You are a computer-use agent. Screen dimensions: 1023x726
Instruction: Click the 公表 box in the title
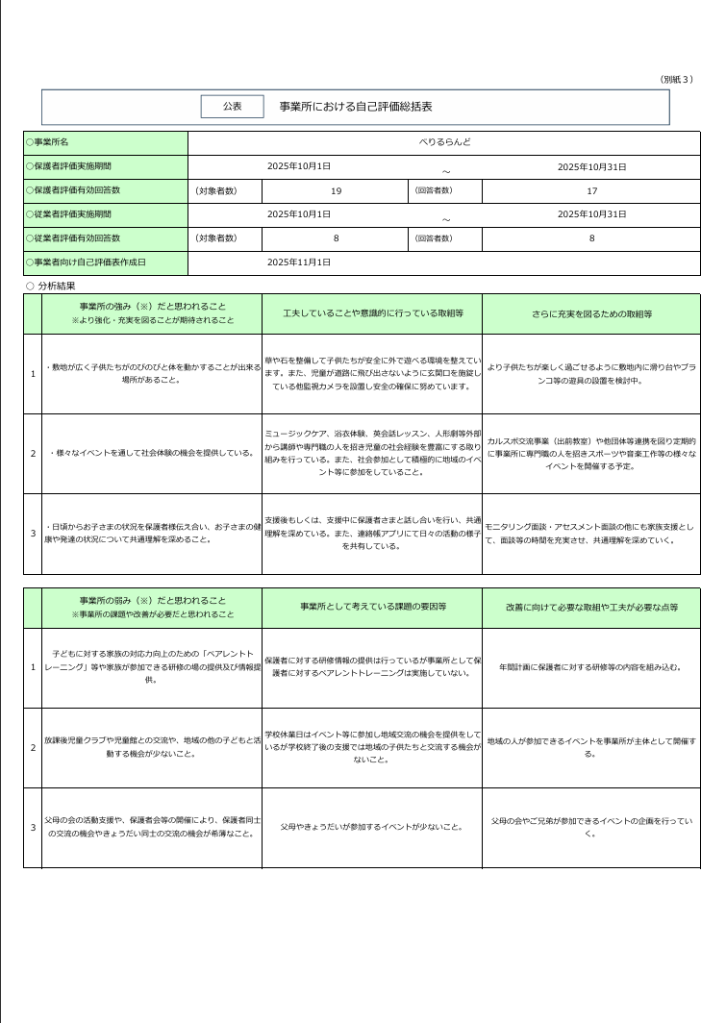coord(232,107)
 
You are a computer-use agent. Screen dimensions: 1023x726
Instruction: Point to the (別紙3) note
coord(676,79)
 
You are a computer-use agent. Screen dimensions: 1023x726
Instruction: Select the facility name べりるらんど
coord(444,142)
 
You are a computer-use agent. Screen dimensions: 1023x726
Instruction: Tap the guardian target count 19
coord(336,190)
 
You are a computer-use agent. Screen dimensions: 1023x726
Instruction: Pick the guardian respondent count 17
coord(591,190)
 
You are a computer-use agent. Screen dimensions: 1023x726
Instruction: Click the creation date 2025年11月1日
coord(299,262)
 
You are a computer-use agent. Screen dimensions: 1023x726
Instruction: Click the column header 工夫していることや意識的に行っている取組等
coord(371,313)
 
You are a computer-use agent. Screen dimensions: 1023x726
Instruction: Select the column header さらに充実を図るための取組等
coord(591,313)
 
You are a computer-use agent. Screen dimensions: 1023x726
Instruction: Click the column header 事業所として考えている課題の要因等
coord(371,608)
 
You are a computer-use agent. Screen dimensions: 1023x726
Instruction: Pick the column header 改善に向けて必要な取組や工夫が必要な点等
coord(591,608)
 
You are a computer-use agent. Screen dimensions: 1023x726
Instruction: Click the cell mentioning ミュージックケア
coord(371,453)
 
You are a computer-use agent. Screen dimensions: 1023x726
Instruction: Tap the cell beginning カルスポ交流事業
coord(591,453)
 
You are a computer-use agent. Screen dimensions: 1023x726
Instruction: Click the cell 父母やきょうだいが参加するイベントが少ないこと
coord(371,826)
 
